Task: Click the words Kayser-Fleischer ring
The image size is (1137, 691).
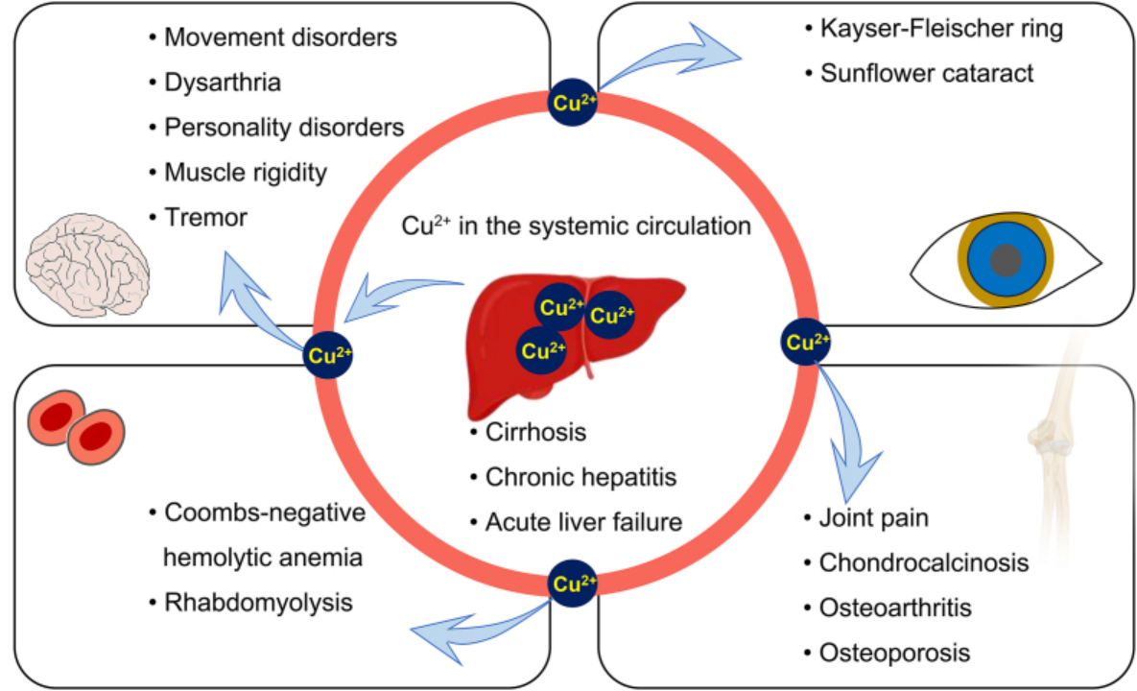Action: [941, 29]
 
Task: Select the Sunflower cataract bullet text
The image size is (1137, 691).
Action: [927, 73]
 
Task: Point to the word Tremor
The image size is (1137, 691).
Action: [205, 218]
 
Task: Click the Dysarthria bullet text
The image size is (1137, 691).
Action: [223, 83]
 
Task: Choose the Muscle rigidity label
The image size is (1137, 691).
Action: [246, 173]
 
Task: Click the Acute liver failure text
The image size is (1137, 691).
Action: [583, 522]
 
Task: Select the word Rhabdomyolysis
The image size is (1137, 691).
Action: [258, 603]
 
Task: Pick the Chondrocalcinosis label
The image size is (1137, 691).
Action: [923, 562]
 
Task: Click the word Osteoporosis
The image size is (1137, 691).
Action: [894, 654]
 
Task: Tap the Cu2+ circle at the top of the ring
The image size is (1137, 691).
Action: [573, 104]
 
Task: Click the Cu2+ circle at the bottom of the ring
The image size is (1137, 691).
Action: [573, 583]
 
